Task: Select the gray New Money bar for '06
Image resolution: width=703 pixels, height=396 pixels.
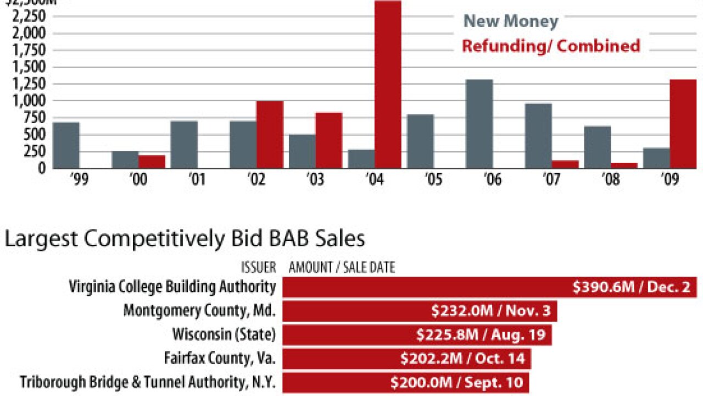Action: [479, 123]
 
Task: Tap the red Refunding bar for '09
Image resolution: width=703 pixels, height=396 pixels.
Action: [683, 123]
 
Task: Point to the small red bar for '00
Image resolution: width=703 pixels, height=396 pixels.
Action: [152, 162]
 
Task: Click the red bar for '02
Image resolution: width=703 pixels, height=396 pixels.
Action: [270, 134]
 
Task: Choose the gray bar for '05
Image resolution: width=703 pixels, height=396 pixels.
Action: [420, 141]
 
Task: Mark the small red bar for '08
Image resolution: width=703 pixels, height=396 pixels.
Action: [624, 165]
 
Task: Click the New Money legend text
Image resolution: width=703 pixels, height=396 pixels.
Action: [511, 21]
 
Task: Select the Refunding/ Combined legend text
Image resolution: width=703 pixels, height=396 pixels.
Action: [551, 46]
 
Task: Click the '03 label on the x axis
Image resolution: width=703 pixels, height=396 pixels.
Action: [315, 180]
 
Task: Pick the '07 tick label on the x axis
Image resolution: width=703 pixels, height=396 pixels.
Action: [552, 180]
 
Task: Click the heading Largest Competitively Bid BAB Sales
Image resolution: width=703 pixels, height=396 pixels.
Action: [185, 239]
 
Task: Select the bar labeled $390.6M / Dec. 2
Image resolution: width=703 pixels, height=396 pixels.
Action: [490, 287]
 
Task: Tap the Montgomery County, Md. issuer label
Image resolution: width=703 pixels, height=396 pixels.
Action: [199, 311]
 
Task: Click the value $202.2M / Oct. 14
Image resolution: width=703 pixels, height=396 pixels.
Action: [463, 359]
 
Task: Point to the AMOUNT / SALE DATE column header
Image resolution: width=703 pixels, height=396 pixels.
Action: [342, 268]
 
